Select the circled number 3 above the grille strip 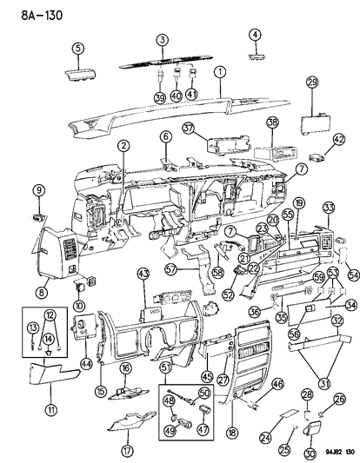162,41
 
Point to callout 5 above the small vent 256,35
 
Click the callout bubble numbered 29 77,49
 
